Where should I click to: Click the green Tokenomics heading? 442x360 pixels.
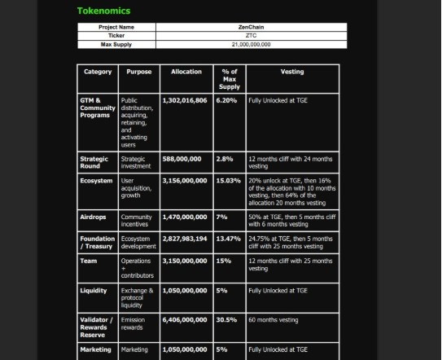tap(103, 11)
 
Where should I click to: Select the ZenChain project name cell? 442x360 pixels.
tap(251, 27)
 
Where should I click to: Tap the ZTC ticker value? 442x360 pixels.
tap(251, 36)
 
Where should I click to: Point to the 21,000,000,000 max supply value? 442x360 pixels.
tap(251, 44)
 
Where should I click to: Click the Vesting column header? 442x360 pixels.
tap(292, 72)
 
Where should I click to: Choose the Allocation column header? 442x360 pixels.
tap(186, 72)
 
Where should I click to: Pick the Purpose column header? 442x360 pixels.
tap(139, 72)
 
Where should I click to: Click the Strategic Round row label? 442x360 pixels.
tap(94, 162)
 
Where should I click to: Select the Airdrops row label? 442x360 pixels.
tap(93, 217)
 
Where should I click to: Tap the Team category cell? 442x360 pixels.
tap(89, 261)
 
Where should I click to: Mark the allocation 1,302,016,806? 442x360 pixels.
tap(185, 100)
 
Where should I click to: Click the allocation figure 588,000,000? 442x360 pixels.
tap(182, 159)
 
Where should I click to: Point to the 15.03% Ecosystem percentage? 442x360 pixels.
tap(229, 181)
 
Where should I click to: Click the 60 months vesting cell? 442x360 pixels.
tap(273, 320)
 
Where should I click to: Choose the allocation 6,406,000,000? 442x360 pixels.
tap(185, 320)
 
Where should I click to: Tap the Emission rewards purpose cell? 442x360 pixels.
tap(133, 324)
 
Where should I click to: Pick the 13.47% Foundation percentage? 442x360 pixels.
tap(229, 239)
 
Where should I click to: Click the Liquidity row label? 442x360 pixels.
tap(94, 291)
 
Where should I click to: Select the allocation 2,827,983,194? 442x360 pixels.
tap(185, 239)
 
